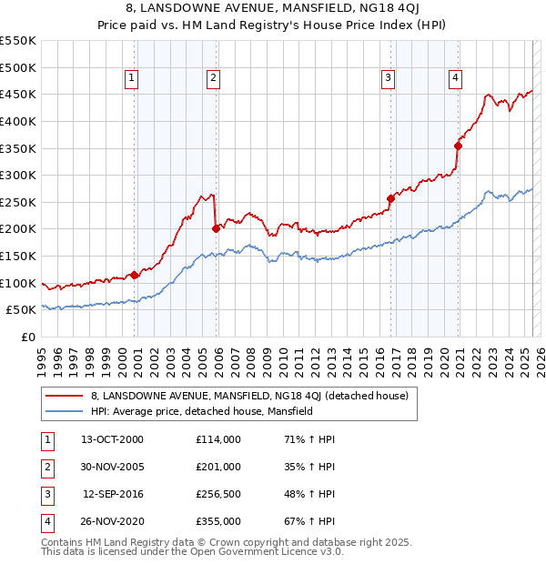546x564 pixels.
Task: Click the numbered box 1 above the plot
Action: point(132,78)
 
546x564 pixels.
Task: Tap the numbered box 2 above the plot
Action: point(213,78)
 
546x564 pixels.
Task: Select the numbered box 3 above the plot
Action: point(388,78)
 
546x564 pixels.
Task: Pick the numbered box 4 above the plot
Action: point(454,78)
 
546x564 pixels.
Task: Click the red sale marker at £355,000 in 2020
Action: point(458,145)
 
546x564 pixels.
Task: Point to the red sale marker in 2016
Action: point(390,198)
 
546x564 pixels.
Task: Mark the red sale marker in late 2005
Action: point(217,228)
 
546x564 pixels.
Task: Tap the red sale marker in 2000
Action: point(135,275)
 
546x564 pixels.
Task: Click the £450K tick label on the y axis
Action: point(18,95)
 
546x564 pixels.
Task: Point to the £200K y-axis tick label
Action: point(18,229)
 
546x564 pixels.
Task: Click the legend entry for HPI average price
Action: point(201,411)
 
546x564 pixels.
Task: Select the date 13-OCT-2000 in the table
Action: point(113,439)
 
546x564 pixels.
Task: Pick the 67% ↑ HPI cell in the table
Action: point(309,521)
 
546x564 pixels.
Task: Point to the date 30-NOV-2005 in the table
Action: point(113,467)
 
